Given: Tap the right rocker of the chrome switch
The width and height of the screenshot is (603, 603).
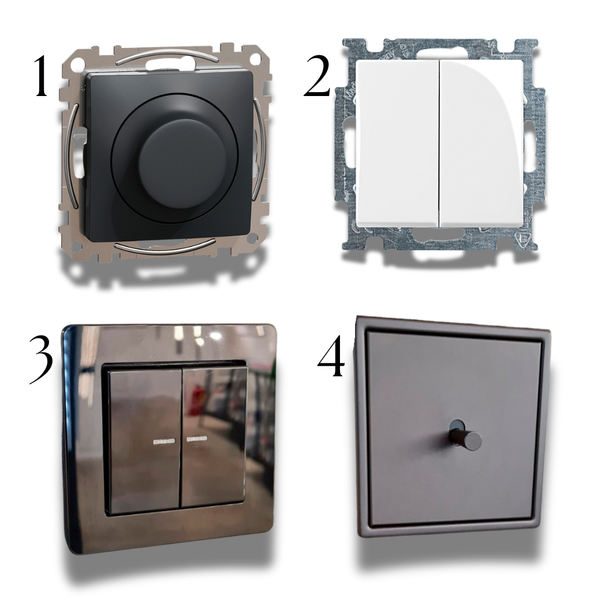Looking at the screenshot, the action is pyautogui.click(x=214, y=437).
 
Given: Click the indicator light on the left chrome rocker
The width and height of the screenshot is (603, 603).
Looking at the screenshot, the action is pyautogui.click(x=165, y=441).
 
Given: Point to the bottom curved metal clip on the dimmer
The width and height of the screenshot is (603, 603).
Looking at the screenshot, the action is pyautogui.click(x=165, y=247).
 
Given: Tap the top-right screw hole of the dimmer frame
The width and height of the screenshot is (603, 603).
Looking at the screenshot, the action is pyautogui.click(x=253, y=60).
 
